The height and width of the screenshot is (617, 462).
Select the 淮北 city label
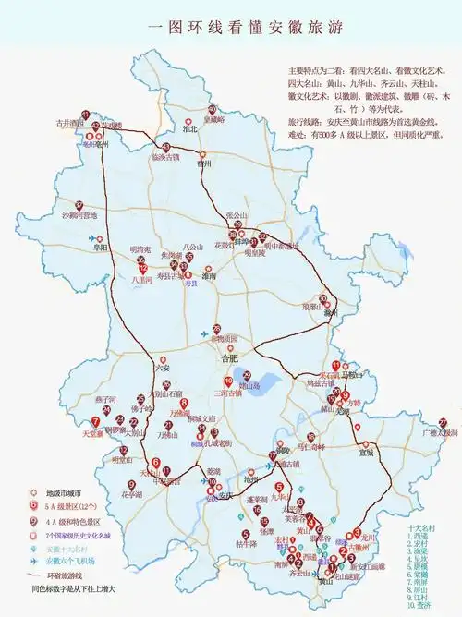[x=191, y=129]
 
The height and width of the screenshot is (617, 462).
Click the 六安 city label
[x=163, y=367]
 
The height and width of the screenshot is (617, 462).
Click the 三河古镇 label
[x=226, y=393]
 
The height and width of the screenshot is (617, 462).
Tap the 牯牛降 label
[x=245, y=544]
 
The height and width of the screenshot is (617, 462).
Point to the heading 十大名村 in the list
[x=423, y=527]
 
